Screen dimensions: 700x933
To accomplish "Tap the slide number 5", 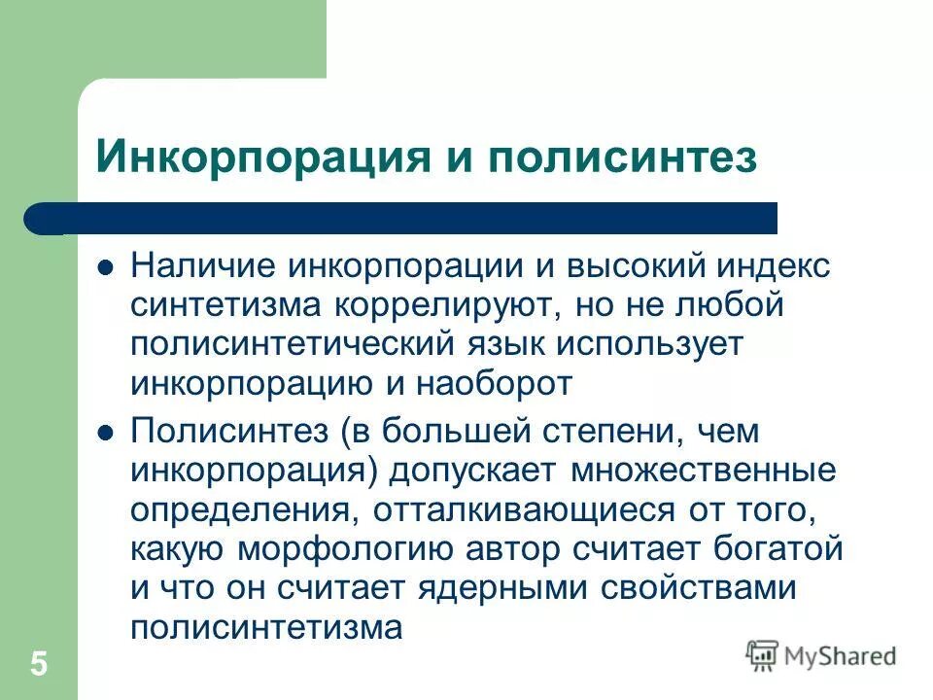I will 39,665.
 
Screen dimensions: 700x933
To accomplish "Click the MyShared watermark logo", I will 821,654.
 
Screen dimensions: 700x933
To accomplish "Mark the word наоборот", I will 492,383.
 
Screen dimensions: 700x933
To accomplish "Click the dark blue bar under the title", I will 408,218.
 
